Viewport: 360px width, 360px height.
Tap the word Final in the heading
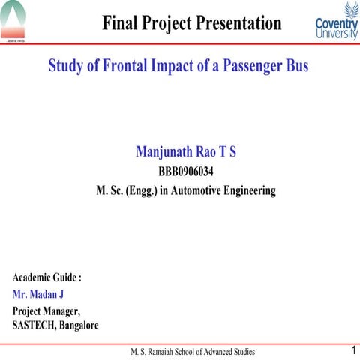tap(122, 23)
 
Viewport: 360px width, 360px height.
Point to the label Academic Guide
tap(47, 277)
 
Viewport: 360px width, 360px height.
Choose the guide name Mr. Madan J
tap(38, 295)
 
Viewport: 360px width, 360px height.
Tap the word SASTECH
tap(35, 325)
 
